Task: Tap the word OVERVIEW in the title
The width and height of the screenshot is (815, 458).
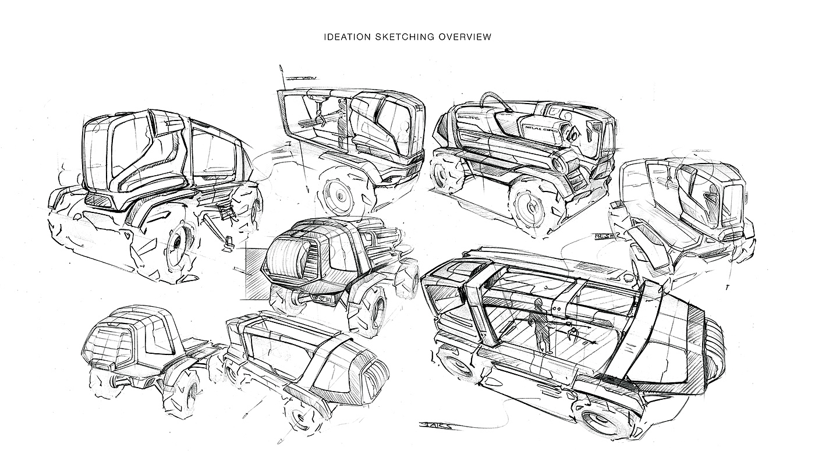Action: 465,37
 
